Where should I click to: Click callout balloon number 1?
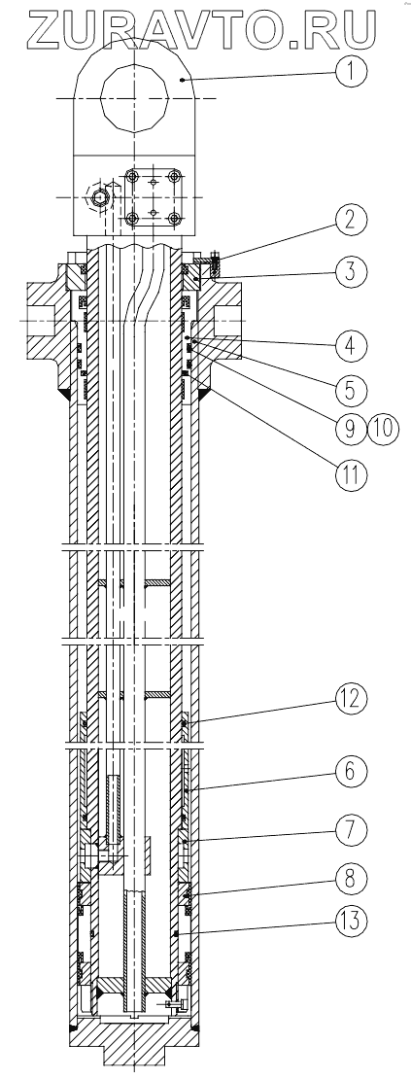(350, 70)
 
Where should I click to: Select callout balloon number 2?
(350, 221)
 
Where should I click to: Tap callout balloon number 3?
(350, 271)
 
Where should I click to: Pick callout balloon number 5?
(350, 389)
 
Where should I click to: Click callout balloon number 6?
(350, 772)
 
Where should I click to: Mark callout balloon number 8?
(350, 881)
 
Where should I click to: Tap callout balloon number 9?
(350, 429)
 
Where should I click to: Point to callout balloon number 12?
(350, 698)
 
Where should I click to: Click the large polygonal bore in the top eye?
(134, 99)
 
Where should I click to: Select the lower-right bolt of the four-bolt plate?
(174, 219)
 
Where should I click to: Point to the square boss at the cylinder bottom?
(134, 1062)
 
